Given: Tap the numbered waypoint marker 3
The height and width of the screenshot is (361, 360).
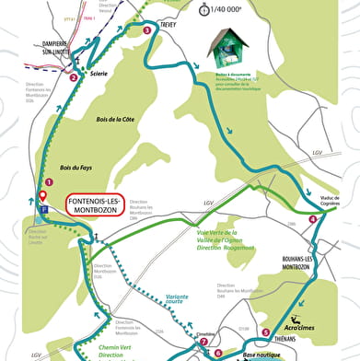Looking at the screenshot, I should point(147,30).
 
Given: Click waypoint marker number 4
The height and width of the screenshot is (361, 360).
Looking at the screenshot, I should point(313,219).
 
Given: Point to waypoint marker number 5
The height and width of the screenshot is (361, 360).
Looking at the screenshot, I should point(266,332).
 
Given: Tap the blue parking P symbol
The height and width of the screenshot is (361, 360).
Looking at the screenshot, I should point(41,208).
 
